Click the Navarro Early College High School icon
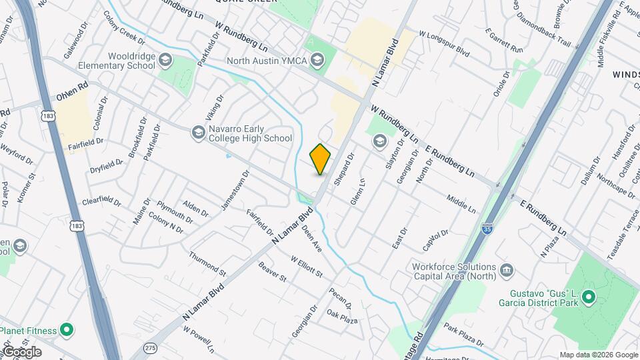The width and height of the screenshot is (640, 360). [x=197, y=133]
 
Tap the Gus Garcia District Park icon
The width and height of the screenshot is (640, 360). [x=588, y=297]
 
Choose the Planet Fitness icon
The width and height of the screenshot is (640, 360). [x=66, y=329]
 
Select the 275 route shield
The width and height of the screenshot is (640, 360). [x=151, y=349]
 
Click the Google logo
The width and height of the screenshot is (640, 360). [x=21, y=352]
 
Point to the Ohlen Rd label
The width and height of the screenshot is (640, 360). [x=72, y=97]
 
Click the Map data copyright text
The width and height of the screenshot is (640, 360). [x=597, y=355]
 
